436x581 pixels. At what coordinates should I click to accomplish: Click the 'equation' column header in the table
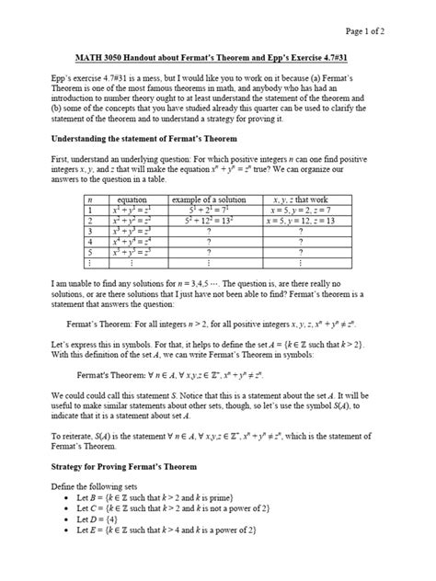pyautogui.click(x=133, y=199)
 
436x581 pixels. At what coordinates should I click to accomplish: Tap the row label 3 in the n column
pyautogui.click(x=92, y=233)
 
